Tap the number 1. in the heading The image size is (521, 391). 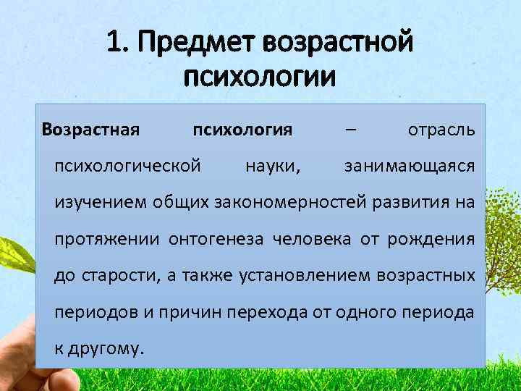(117, 42)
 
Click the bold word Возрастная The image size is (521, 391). (90, 131)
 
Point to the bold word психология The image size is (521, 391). (242, 131)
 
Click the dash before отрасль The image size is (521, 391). (350, 131)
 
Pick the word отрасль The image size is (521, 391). (441, 131)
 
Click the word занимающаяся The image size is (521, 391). (410, 167)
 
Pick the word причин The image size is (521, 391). (195, 312)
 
